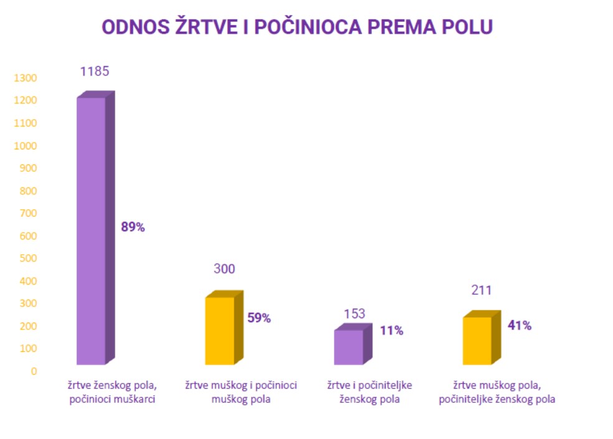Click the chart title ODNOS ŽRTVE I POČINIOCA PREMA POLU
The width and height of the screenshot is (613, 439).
coord(297,27)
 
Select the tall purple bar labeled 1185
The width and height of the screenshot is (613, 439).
coord(91,230)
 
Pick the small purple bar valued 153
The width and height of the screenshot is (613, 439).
coord(349,347)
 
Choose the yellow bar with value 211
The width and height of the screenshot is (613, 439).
coord(477,341)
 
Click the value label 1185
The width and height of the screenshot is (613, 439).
coord(95,71)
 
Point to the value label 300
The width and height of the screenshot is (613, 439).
coord(224,269)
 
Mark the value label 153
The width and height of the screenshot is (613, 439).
coord(354,314)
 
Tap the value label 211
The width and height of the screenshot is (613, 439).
coord(482,290)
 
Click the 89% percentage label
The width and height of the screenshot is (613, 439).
coord(133,227)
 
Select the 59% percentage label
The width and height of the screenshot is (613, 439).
coord(259,318)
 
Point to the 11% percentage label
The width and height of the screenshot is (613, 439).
coord(392,331)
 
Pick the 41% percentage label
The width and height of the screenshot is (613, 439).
coord(519,325)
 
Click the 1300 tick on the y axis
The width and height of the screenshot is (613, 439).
coord(25,78)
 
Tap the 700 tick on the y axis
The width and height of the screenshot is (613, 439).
coord(27,214)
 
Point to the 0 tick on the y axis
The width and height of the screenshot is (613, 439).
coord(34,371)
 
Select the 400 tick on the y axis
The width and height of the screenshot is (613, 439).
coord(27,281)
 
